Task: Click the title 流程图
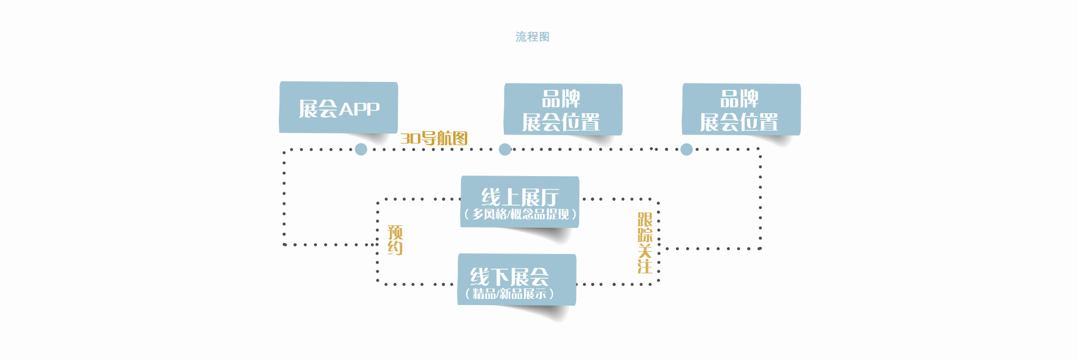click(532, 37)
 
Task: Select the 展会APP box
click(338, 107)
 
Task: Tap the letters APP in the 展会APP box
click(359, 109)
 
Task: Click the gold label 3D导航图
click(434, 138)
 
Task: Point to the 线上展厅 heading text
click(520, 197)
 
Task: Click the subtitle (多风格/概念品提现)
click(520, 214)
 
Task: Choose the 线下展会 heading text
click(509, 276)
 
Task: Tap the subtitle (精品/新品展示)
click(509, 293)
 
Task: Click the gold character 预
click(395, 232)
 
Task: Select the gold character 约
click(395, 248)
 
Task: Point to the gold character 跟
click(645, 219)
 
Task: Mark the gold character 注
click(645, 266)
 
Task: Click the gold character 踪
click(645, 235)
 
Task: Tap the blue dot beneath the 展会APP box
click(361, 149)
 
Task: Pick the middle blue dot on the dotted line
click(505, 149)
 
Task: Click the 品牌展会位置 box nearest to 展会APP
click(563, 109)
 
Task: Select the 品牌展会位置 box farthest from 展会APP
click(741, 109)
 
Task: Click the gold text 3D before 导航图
click(410, 139)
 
